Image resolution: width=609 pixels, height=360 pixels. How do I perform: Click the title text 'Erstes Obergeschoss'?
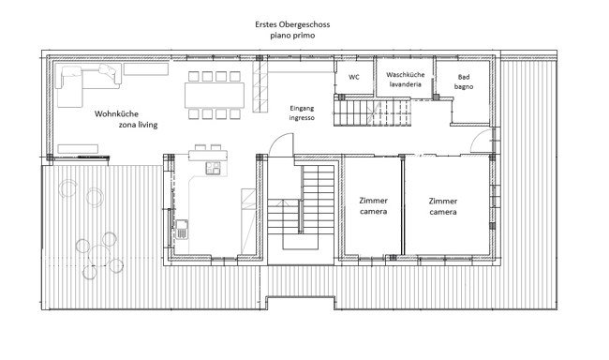pyautogui.click(x=292, y=24)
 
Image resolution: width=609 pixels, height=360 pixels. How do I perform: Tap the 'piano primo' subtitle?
pyautogui.click(x=292, y=36)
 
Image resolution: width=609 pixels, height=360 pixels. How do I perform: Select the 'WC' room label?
pyautogui.click(x=354, y=77)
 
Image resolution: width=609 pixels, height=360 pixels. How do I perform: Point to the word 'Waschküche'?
pyautogui.click(x=405, y=75)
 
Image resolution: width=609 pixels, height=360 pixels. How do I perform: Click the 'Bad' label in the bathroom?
pyautogui.click(x=464, y=77)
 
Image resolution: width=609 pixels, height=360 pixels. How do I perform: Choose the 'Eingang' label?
pyautogui.click(x=302, y=108)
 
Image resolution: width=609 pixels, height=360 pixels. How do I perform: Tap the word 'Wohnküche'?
pyautogui.click(x=116, y=114)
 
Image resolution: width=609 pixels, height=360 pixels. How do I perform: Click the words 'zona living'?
pyautogui.click(x=139, y=125)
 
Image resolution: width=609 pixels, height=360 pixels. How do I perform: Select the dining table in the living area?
pyautogui.click(x=215, y=95)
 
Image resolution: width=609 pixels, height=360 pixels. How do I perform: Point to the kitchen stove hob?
pyautogui.click(x=213, y=168)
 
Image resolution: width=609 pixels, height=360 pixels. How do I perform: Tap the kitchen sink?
pyautogui.click(x=182, y=229)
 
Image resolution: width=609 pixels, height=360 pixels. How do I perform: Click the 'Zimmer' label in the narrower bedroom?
pyautogui.click(x=373, y=201)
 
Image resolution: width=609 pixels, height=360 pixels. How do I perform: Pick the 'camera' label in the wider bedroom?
pyautogui.click(x=443, y=212)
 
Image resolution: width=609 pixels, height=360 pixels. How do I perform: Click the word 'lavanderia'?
pyautogui.click(x=405, y=84)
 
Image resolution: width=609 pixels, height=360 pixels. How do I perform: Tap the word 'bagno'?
pyautogui.click(x=464, y=86)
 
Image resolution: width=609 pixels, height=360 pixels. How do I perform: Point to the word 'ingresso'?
pyautogui.click(x=302, y=117)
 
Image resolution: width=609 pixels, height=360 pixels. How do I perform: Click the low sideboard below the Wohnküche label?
pyautogui.click(x=78, y=148)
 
